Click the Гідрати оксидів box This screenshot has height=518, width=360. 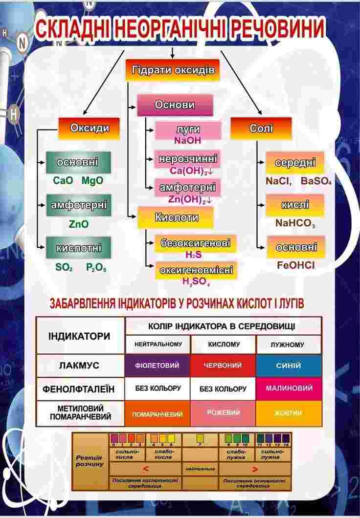point(173,70)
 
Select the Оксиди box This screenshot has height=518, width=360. point(90,129)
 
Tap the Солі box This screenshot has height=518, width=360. point(261,129)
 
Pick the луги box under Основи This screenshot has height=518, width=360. point(188,130)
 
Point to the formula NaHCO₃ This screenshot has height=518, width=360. point(295,223)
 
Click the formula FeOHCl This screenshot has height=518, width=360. point(295,266)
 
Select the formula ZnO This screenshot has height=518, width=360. point(79,224)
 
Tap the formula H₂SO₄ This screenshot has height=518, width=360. point(196,281)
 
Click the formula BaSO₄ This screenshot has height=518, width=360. point(316,181)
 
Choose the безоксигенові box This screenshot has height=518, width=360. point(195,243)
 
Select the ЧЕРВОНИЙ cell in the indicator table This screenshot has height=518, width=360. point(223,366)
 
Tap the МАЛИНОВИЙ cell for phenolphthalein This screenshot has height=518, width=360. point(289,388)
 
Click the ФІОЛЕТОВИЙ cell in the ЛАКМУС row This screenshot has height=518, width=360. point(157,366)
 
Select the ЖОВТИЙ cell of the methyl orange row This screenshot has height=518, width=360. point(289,413)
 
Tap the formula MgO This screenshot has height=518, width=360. point(92,181)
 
